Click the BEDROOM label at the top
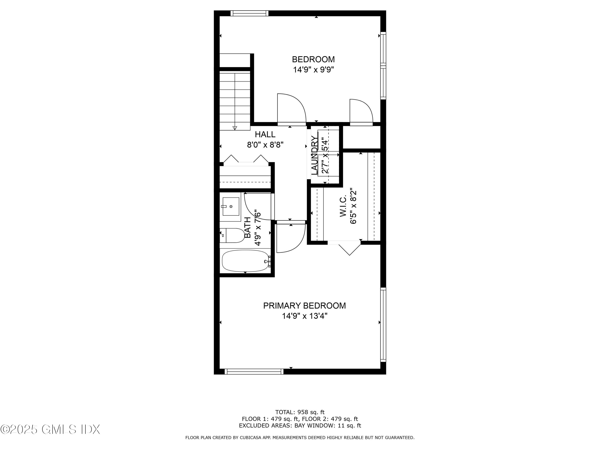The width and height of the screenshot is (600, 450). [313, 59]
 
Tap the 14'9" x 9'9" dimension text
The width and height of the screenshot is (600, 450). [313, 70]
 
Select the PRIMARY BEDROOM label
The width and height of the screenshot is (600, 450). [304, 306]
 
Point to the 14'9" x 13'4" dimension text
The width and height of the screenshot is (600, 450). [305, 316]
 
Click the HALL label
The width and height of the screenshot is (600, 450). [265, 134]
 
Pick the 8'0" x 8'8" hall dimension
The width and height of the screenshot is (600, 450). [265, 145]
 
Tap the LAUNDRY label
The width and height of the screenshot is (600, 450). [314, 155]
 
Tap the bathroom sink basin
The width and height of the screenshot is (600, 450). [231, 206]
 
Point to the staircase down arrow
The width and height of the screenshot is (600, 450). [235, 128]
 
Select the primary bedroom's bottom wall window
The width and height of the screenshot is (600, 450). [254, 372]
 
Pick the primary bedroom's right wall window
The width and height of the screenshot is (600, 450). [383, 325]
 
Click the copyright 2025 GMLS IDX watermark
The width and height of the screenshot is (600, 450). [50, 429]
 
